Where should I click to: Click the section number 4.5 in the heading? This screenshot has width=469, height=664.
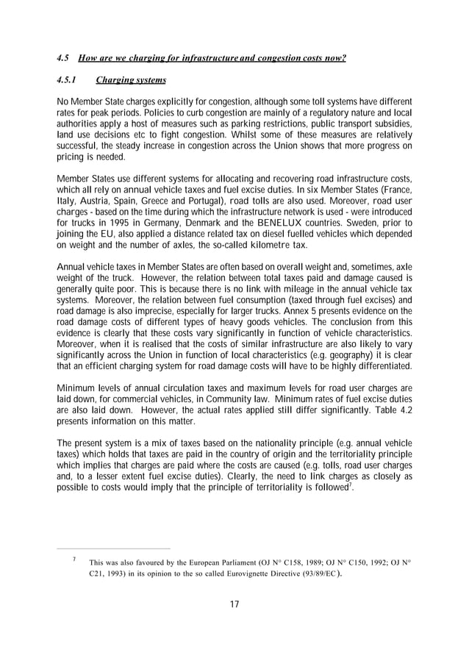pos(62,58)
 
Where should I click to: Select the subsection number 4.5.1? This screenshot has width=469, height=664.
pos(68,81)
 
